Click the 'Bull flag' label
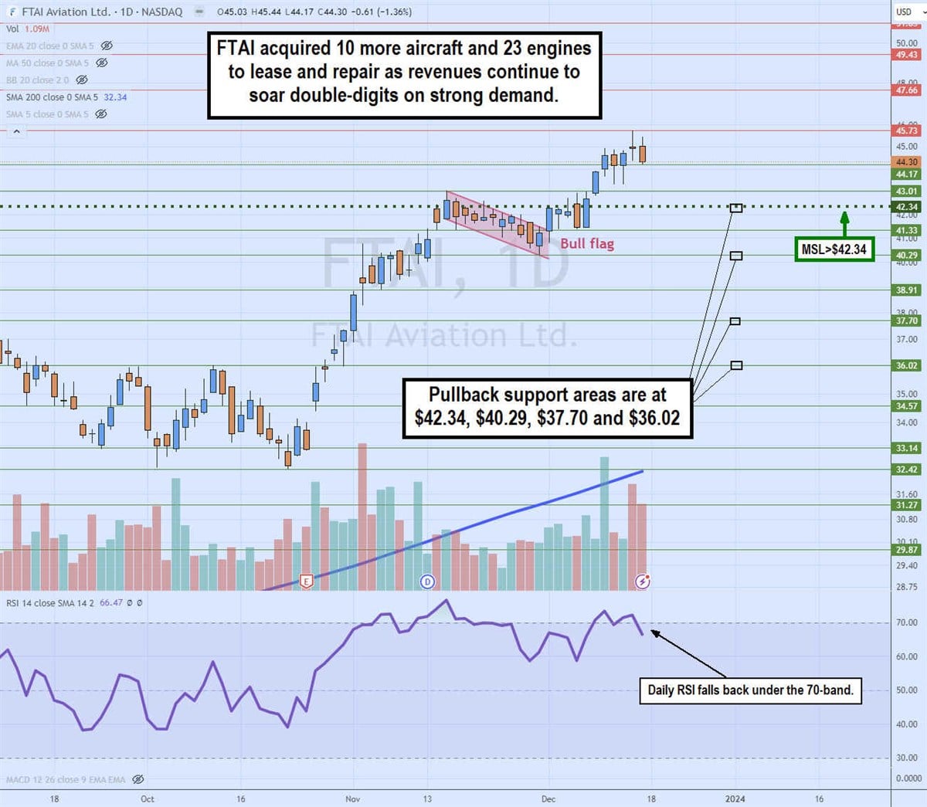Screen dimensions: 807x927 587,244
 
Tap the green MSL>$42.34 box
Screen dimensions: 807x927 834,249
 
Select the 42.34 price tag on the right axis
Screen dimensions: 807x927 906,207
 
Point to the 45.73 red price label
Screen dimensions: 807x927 906,131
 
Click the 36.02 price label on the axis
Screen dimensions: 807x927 906,366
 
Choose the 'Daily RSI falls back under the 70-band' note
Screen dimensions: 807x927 750,690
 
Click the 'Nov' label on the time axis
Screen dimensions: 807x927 353,799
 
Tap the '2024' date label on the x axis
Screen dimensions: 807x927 735,799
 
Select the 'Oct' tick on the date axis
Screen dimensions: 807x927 148,799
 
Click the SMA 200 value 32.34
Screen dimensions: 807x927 115,97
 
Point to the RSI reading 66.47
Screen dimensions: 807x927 111,603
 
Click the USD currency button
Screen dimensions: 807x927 904,12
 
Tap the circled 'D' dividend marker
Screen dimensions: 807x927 427,582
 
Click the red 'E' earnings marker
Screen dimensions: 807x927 307,581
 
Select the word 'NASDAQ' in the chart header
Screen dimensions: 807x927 162,12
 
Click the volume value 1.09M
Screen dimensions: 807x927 37,29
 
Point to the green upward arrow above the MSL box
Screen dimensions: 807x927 844,222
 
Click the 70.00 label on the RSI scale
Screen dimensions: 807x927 906,622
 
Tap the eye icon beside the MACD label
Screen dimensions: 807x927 138,780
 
